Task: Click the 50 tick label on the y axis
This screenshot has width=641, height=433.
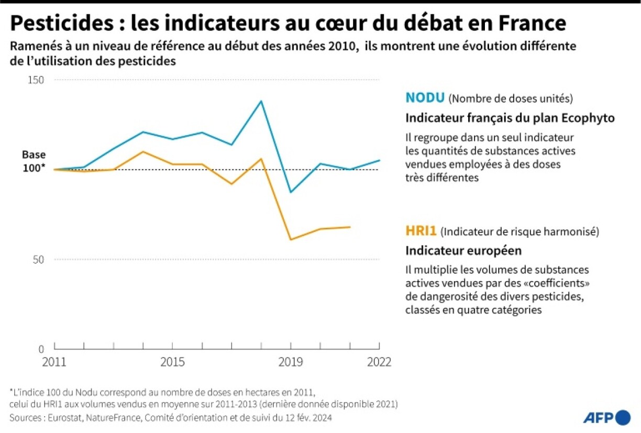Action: coord(38,260)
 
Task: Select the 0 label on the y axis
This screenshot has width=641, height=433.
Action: coord(41,349)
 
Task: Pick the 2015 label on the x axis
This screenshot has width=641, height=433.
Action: coord(172,362)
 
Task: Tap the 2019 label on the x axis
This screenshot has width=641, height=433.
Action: coord(291,362)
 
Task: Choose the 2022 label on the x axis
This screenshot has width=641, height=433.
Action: coord(379,362)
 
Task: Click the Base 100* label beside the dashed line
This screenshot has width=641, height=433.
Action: coord(34,161)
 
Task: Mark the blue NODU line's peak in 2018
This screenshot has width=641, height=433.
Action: coord(261,101)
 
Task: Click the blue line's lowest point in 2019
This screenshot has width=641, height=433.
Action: coord(291,192)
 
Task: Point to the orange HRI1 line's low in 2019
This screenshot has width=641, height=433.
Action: coord(291,240)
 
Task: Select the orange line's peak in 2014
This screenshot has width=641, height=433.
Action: coord(143,152)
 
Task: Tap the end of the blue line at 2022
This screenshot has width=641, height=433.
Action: coord(379,160)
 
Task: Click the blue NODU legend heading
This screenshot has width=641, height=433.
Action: coord(425,98)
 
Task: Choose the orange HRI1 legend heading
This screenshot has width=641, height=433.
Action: coord(421,231)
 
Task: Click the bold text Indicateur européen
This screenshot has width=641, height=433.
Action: coord(463,251)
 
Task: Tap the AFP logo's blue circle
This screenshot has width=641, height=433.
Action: coord(623,417)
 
